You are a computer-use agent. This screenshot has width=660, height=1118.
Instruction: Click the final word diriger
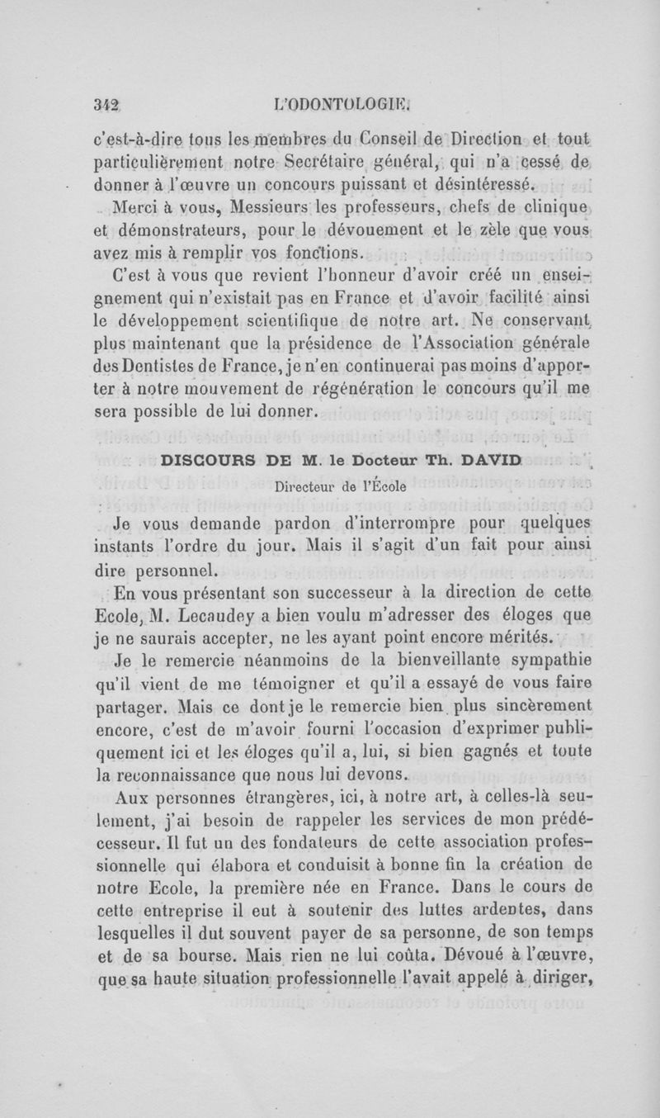click(563, 984)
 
